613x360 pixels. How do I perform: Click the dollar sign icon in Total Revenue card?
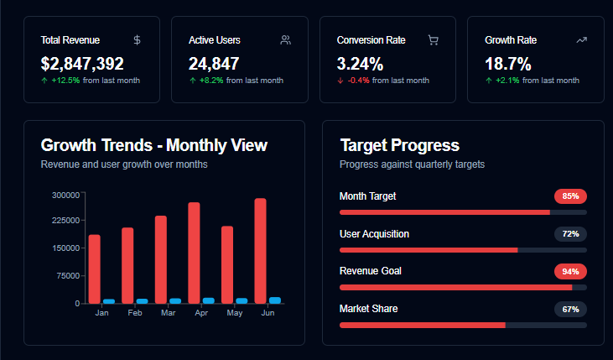[137, 39]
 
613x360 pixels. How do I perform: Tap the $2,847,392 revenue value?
[82, 63]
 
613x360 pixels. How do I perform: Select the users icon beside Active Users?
[285, 39]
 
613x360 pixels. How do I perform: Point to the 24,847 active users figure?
[214, 63]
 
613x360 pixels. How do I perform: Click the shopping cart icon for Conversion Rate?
[433, 39]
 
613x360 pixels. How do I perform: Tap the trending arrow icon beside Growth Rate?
[581, 39]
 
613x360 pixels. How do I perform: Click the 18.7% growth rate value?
[508, 63]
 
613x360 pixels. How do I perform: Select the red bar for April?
[194, 252]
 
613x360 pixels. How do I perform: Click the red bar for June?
[260, 250]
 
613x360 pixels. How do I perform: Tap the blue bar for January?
[109, 300]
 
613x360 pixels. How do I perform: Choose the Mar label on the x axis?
[169, 313]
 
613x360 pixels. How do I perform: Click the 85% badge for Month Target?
[570, 196]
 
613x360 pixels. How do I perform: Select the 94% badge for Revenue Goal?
[570, 271]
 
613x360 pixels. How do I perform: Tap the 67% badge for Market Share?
[570, 309]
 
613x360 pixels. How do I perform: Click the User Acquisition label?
[374, 233]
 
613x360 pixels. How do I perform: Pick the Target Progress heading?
[399, 145]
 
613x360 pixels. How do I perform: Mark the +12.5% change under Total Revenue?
[65, 81]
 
